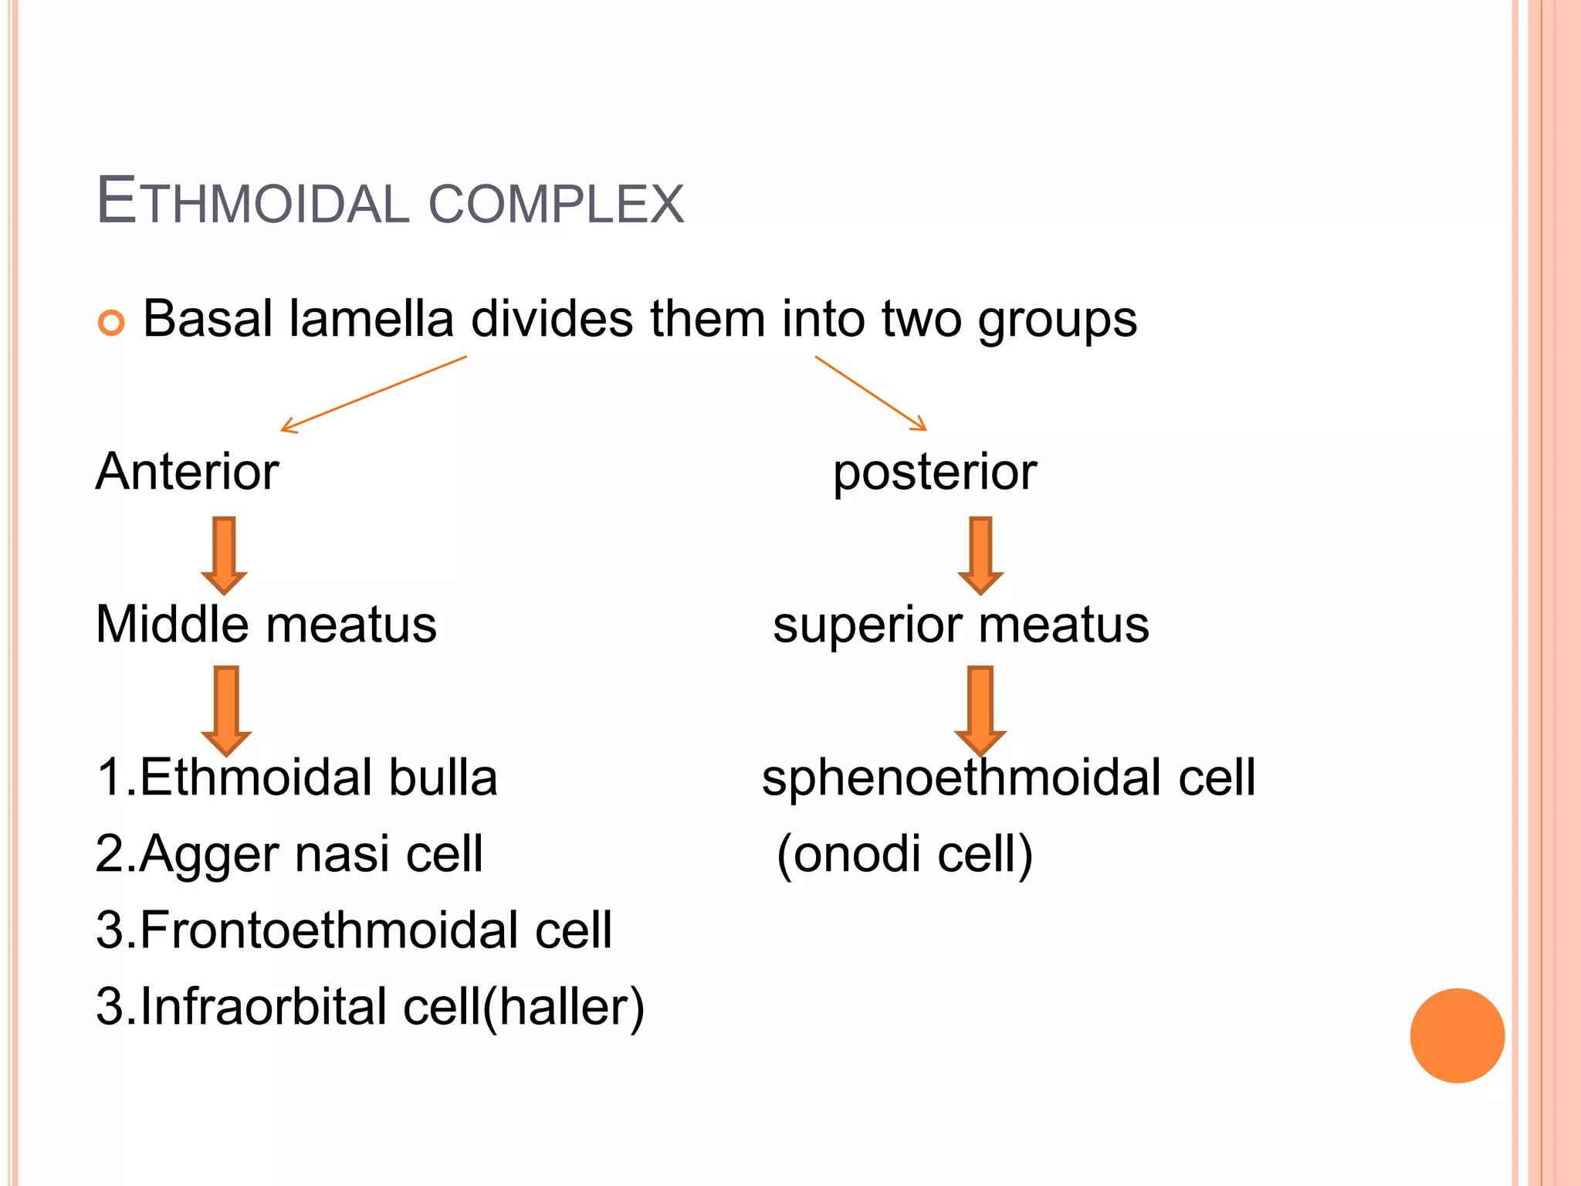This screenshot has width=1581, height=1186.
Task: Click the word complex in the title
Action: pyautogui.click(x=556, y=204)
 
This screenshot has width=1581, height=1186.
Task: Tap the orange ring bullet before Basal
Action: pyautogui.click(x=111, y=322)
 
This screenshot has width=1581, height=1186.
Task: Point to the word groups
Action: pyautogui.click(x=1057, y=321)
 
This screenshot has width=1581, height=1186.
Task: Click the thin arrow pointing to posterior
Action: pyautogui.click(x=871, y=393)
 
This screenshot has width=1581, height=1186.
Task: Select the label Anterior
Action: pyautogui.click(x=187, y=472)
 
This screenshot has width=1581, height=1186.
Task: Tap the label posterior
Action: pyautogui.click(x=935, y=473)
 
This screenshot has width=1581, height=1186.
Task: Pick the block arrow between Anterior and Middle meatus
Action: pyautogui.click(x=224, y=555)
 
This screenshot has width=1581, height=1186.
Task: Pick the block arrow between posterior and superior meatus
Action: pyautogui.click(x=980, y=555)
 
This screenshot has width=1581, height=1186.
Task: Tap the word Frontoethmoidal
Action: pyautogui.click(x=329, y=930)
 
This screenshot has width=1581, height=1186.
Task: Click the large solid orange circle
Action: pyautogui.click(x=1457, y=1035)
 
